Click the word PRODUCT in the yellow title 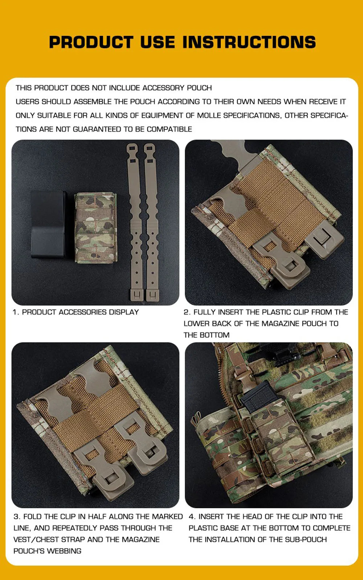pyautogui.click(x=91, y=42)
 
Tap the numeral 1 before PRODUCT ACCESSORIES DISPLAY pyautogui.click(x=15, y=312)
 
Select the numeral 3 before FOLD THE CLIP pyautogui.click(x=17, y=517)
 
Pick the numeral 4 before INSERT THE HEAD pyautogui.click(x=192, y=517)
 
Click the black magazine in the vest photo pyautogui.click(x=258, y=397)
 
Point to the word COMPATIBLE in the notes pyautogui.click(x=170, y=129)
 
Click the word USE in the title pyautogui.click(x=158, y=42)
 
